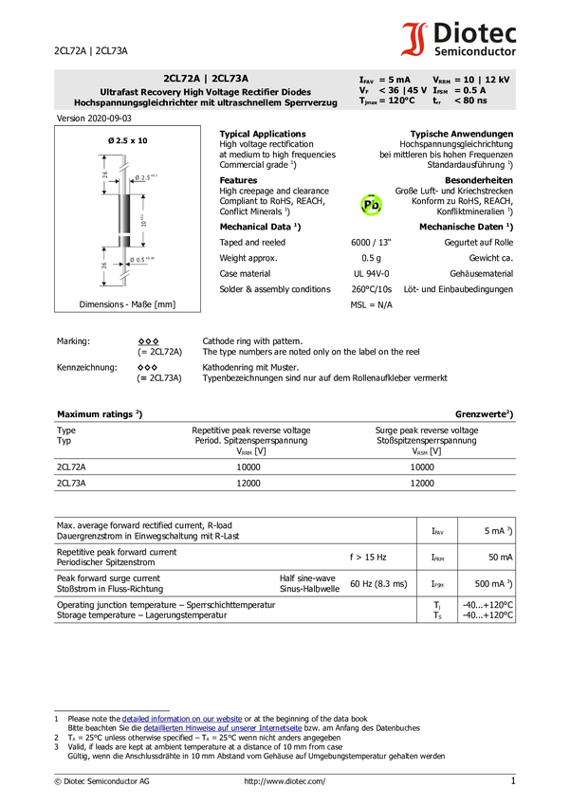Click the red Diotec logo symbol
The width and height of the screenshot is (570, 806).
pos(414,40)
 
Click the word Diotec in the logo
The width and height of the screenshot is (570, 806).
pos(475,32)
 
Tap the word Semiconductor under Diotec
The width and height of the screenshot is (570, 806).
pos(475,51)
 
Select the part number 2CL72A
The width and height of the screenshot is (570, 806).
pos(182,79)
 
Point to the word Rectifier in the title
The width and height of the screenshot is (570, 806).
pos(262,91)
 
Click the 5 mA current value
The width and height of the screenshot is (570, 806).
pos(395,80)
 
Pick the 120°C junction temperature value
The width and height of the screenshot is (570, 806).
pos(397,101)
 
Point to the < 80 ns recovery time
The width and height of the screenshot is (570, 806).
pos(469,101)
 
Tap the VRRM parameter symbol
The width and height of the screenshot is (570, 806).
pos(441,80)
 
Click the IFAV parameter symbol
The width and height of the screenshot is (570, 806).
pos(367,80)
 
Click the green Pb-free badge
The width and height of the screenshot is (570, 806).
pos(371,205)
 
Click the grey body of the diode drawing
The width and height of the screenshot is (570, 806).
pos(123,212)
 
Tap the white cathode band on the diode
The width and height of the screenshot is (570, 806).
pos(123,233)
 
